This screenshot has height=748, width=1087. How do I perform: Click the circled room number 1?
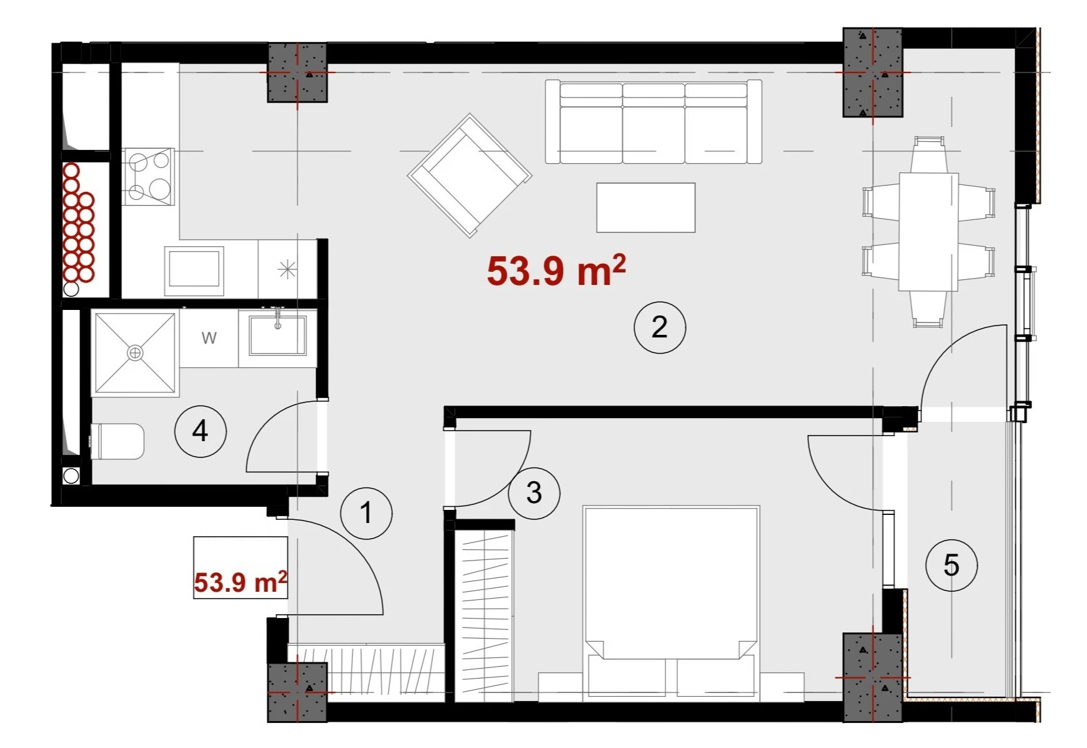(366, 513)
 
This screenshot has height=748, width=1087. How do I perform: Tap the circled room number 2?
(660, 327)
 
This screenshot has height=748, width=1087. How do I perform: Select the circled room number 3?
(534, 493)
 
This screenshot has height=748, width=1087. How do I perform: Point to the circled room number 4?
(200, 431)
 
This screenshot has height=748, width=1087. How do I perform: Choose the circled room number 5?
(951, 565)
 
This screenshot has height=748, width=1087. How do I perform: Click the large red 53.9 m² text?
(556, 271)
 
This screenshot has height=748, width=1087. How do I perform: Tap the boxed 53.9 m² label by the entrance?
(241, 582)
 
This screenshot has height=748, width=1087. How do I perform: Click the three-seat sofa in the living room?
(653, 122)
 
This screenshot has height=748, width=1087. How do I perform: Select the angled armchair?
(470, 176)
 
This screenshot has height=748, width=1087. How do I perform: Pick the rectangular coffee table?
(646, 207)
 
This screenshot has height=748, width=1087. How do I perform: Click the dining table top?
(928, 232)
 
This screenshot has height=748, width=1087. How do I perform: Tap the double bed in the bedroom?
(671, 603)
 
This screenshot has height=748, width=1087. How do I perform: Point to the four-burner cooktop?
(148, 177)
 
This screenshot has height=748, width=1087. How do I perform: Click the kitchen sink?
(194, 270)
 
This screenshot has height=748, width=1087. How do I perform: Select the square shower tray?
(135, 353)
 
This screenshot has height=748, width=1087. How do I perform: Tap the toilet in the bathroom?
(118, 441)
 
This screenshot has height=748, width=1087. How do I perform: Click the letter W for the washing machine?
(209, 338)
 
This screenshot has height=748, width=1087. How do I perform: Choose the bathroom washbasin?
(277, 335)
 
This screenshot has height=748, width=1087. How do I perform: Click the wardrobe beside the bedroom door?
(485, 616)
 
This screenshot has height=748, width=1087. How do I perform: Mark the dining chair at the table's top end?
(928, 154)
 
